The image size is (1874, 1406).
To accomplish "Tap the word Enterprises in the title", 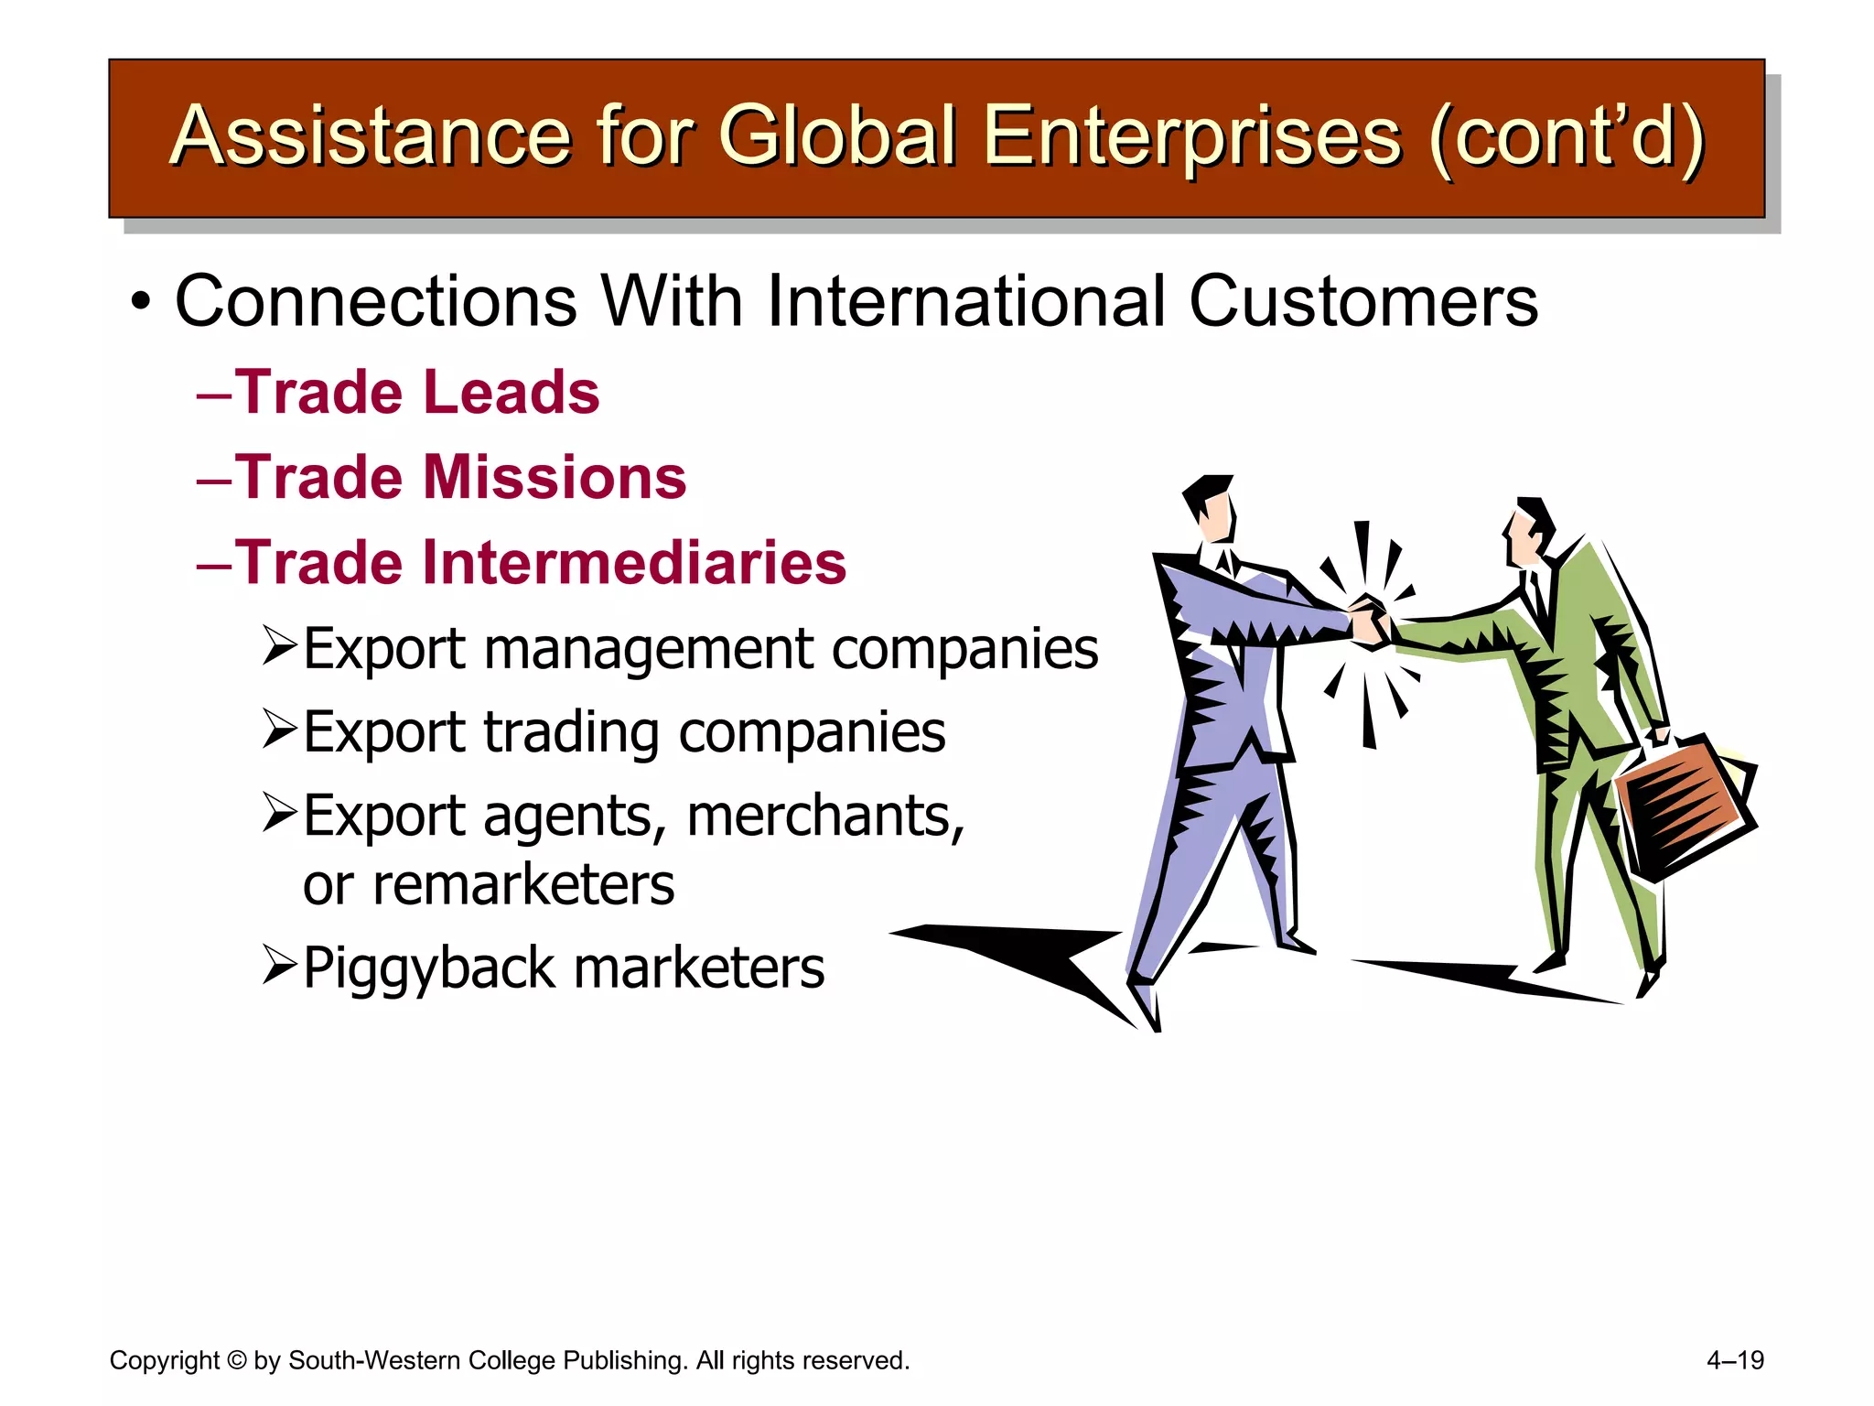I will tap(1191, 136).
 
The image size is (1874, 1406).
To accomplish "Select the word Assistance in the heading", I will tap(371, 136).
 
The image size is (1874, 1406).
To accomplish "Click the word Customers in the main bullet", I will tap(1363, 301).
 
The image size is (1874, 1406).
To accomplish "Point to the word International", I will tap(966, 301).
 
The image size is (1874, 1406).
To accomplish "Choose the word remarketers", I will tap(489, 885).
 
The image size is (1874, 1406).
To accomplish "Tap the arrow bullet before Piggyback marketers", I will tap(279, 965).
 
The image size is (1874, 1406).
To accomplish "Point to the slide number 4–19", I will tap(1735, 1360).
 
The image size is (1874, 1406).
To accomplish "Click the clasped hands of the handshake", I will tap(1370, 622).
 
